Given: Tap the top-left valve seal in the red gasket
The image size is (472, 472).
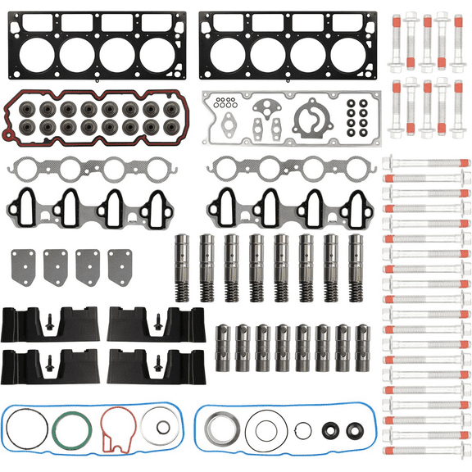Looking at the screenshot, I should point(31,108).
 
